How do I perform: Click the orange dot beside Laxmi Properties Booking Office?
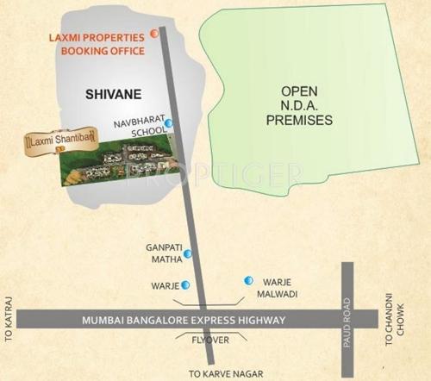pyautogui.click(x=153, y=34)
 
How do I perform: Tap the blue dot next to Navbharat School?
pyautogui.click(x=169, y=124)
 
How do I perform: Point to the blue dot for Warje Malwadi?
pyautogui.click(x=248, y=280)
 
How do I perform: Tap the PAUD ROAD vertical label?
pyautogui.click(x=349, y=320)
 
